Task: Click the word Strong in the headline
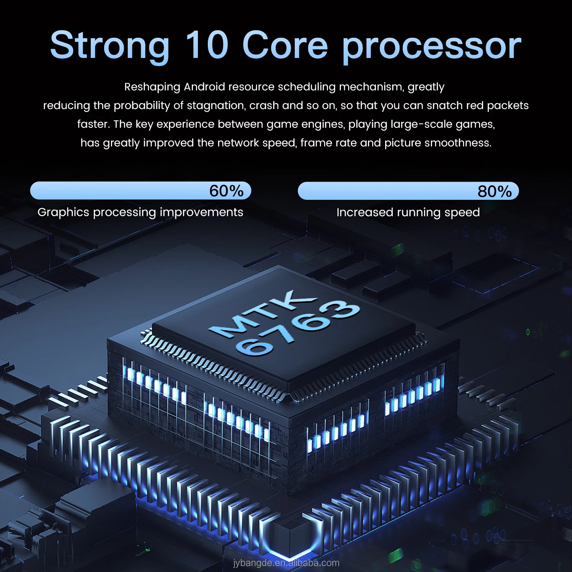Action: (x=110, y=46)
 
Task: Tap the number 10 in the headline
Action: (x=207, y=45)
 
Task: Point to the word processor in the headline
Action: (x=432, y=47)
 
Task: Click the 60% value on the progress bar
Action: (x=227, y=191)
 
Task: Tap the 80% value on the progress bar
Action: (x=495, y=191)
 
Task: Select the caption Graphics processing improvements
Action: (x=140, y=212)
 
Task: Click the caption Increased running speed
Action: (x=408, y=212)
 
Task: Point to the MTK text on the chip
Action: (x=263, y=314)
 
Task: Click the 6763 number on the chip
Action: (x=297, y=328)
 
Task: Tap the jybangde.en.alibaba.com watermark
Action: (x=286, y=563)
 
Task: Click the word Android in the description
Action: (x=204, y=87)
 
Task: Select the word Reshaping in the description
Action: (x=152, y=87)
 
